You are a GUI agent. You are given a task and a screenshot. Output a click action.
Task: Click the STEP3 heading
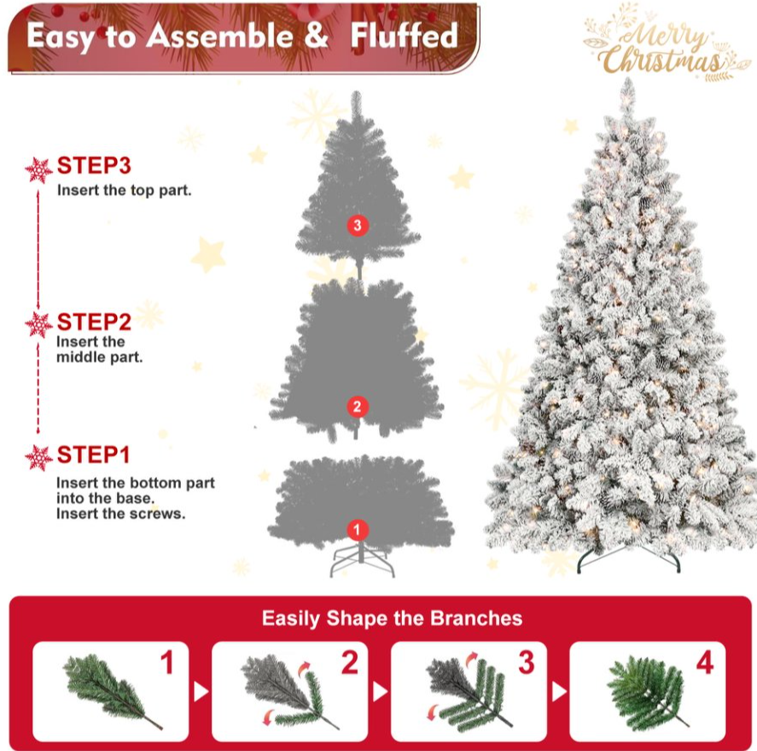pyautogui.click(x=94, y=166)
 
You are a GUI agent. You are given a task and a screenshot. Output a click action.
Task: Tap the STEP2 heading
pyautogui.click(x=94, y=322)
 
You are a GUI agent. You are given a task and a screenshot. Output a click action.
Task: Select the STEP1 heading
pyautogui.click(x=93, y=455)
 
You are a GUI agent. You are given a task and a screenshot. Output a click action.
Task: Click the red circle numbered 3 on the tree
pyautogui.click(x=358, y=225)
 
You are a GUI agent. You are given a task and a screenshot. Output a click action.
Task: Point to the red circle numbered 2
pyautogui.click(x=358, y=406)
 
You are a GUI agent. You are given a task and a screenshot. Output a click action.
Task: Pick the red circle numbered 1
pyautogui.click(x=358, y=530)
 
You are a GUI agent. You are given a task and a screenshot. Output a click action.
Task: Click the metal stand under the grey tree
pyautogui.click(x=362, y=560)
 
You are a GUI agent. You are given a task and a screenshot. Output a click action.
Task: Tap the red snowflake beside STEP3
pyautogui.click(x=38, y=170)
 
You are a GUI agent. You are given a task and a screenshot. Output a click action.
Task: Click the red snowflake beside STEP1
pyautogui.click(x=38, y=457)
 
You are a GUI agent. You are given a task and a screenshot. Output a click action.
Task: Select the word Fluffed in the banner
pyautogui.click(x=404, y=36)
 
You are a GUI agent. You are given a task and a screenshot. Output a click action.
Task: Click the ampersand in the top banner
pyautogui.click(x=316, y=35)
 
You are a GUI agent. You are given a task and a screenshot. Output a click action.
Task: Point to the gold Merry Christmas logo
pyautogui.click(x=666, y=44)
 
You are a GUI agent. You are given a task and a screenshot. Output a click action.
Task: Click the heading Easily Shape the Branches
pyautogui.click(x=392, y=618)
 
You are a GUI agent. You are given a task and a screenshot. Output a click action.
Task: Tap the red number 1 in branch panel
pyautogui.click(x=167, y=662)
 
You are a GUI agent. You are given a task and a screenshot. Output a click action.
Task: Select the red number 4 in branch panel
pyautogui.click(x=705, y=662)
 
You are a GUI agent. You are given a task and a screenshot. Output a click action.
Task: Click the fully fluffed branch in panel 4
pyautogui.click(x=646, y=691)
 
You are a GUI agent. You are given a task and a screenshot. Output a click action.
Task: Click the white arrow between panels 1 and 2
pyautogui.click(x=201, y=691)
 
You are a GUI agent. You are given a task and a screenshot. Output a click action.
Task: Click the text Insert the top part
pyautogui.click(x=124, y=190)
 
